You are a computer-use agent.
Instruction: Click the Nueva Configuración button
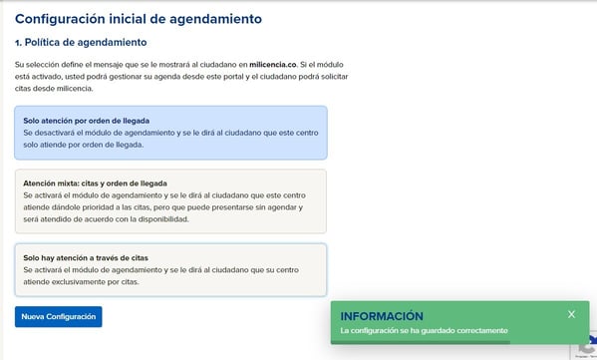coord(58,316)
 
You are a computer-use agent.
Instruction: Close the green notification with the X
coord(571,314)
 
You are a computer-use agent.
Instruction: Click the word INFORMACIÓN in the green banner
coord(382,316)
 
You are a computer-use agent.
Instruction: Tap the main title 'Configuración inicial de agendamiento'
coord(139,19)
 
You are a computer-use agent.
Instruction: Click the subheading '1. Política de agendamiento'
coord(81,43)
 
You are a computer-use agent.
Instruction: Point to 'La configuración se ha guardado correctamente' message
coord(425,330)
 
